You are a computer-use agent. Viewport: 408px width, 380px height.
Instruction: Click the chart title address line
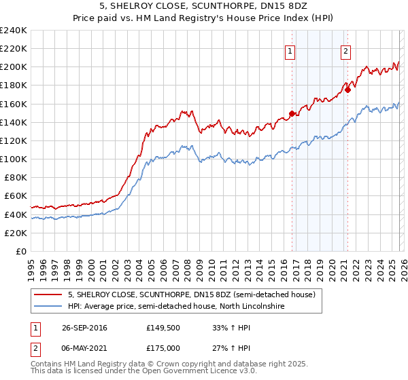tap(203, 7)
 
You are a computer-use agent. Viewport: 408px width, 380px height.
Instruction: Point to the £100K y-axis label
tap(14, 159)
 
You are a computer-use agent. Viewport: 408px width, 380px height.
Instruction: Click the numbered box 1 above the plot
tap(290, 50)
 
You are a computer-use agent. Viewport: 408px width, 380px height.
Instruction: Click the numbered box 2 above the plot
tap(345, 50)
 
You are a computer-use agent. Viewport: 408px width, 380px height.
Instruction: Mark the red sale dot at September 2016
tap(292, 113)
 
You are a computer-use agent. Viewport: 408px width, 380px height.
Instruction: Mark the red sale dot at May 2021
tap(347, 90)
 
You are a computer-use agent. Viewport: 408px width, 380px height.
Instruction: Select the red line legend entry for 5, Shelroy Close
tap(191, 295)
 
